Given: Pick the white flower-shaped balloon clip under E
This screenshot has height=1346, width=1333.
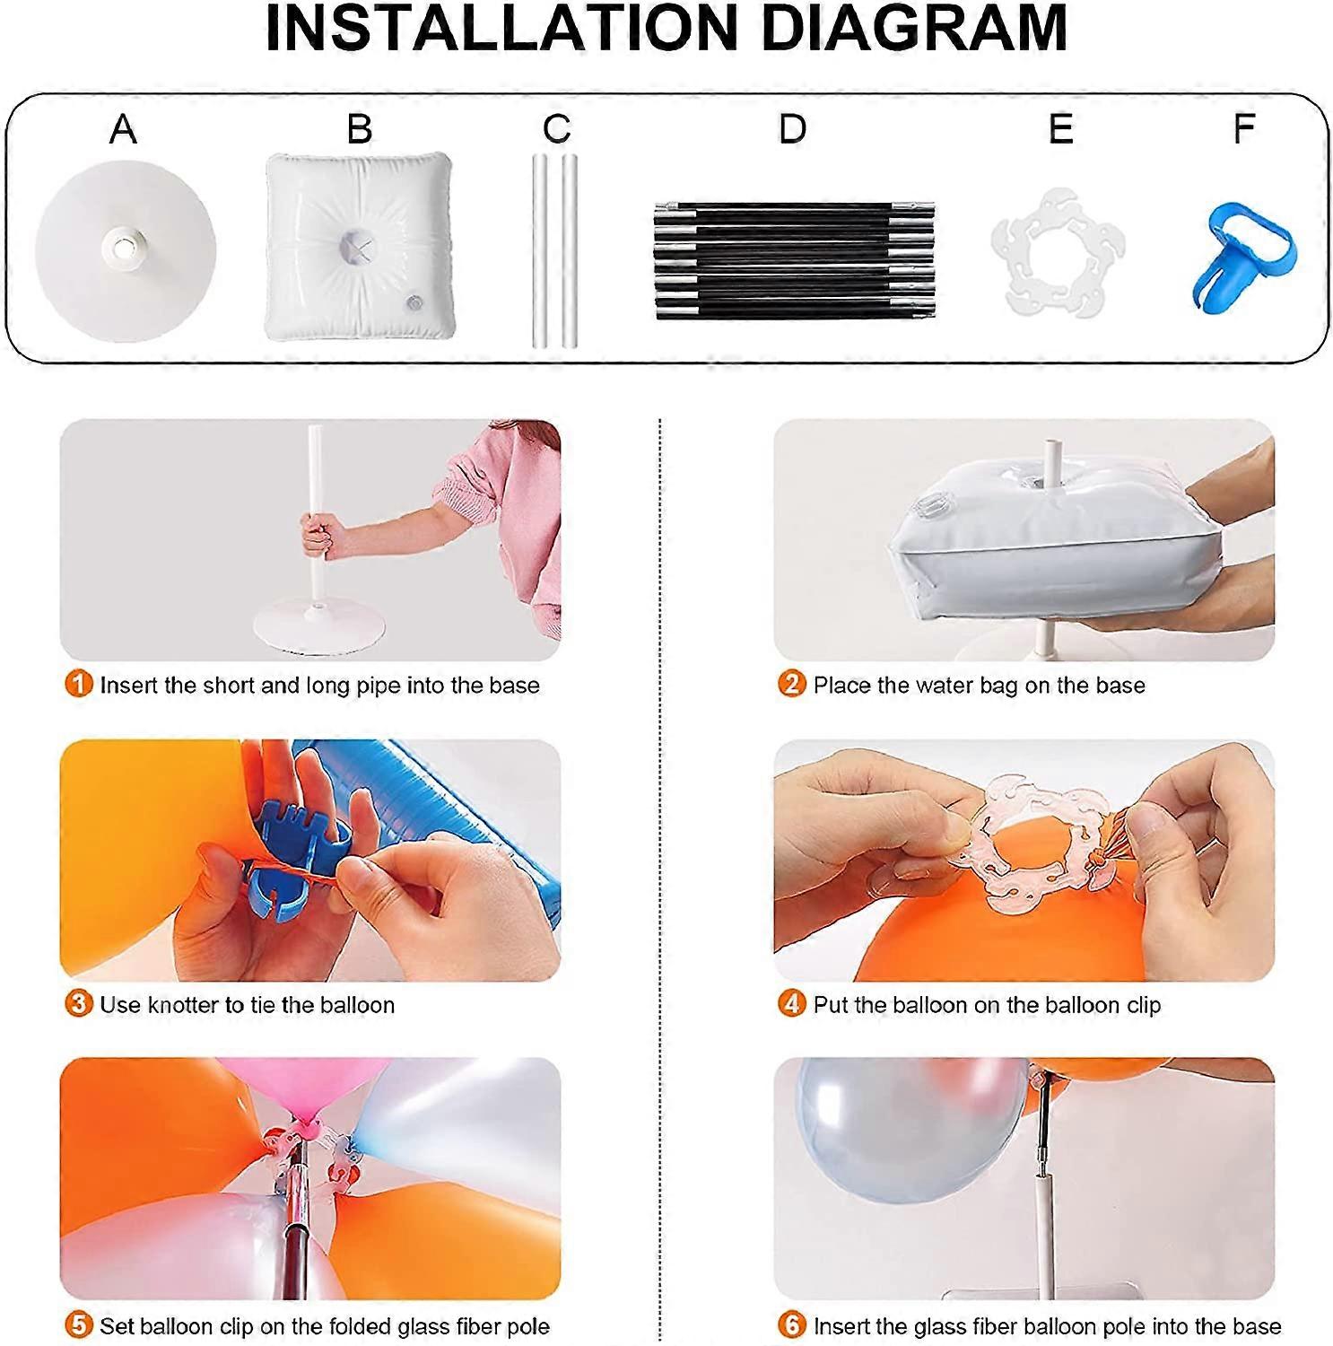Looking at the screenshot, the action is click(x=1059, y=253).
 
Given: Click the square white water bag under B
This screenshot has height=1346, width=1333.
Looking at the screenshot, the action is click(x=358, y=246).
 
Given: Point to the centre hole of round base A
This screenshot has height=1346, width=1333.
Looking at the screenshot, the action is click(x=123, y=241).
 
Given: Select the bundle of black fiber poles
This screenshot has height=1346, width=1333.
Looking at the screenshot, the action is click(x=795, y=260).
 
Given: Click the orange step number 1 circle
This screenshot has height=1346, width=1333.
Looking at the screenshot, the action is click(x=79, y=685).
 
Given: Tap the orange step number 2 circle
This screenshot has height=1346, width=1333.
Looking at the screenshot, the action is click(x=791, y=685).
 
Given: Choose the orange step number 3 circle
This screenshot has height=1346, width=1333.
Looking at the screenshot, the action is click(x=79, y=1003).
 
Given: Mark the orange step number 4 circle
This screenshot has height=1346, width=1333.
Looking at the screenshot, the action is click(x=791, y=1003).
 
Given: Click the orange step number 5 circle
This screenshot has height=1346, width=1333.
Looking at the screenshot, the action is click(x=79, y=1324).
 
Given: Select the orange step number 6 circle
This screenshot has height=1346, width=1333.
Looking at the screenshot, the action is click(x=791, y=1324).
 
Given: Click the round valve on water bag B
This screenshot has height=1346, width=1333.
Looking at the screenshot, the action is click(x=414, y=302).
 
